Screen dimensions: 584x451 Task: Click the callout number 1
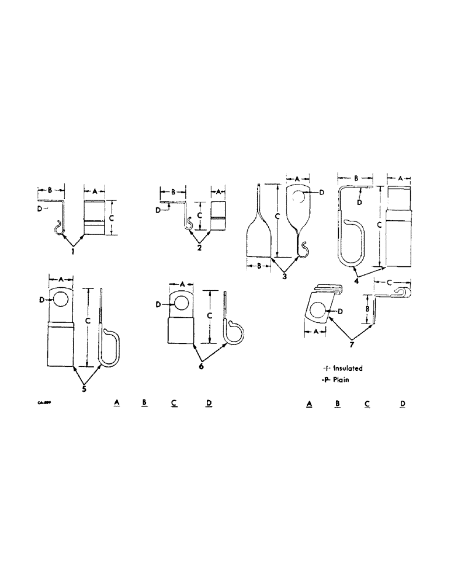click(72, 252)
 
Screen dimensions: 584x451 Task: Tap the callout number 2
click(200, 248)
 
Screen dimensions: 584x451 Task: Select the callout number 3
click(284, 276)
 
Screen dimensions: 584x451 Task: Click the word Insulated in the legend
click(348, 369)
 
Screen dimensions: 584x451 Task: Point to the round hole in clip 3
click(298, 195)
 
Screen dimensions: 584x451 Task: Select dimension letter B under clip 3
click(258, 265)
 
